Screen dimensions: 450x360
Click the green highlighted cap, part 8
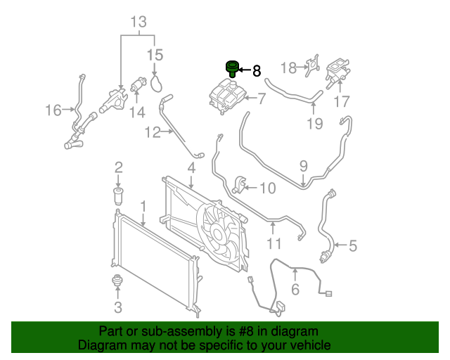point(232,69)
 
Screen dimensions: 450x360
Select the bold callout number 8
point(257,70)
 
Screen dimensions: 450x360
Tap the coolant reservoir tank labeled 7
point(228,96)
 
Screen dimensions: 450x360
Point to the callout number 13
point(139,22)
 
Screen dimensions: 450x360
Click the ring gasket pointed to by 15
point(156,83)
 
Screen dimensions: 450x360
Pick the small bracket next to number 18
point(312,65)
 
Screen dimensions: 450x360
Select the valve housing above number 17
point(337,73)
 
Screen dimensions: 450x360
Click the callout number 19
point(315,124)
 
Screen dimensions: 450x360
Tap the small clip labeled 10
point(239,186)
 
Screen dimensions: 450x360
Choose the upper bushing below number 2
point(118,196)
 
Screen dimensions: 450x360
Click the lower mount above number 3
point(117,280)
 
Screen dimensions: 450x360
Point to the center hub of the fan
point(217,233)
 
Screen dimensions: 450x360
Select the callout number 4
point(191,168)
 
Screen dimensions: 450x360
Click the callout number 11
point(274,243)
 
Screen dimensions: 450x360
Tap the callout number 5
point(353,245)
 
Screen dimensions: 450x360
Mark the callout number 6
point(295,289)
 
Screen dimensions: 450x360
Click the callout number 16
point(53,110)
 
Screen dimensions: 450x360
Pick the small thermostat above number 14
point(138,85)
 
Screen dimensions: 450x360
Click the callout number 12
point(153,132)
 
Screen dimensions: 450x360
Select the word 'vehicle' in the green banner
point(310,345)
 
